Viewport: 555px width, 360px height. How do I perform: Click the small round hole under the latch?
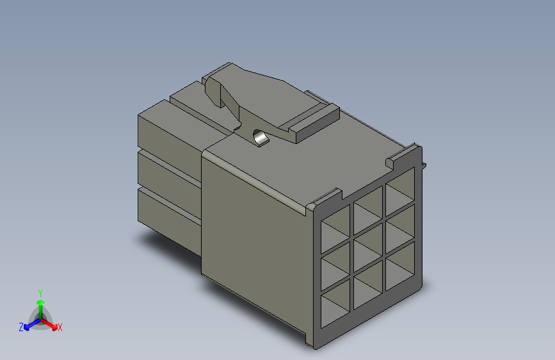[260, 138]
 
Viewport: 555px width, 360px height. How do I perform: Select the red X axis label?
[60, 328]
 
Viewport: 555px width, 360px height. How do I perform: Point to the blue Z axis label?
[21, 327]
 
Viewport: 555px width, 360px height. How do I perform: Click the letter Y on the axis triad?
[40, 291]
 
